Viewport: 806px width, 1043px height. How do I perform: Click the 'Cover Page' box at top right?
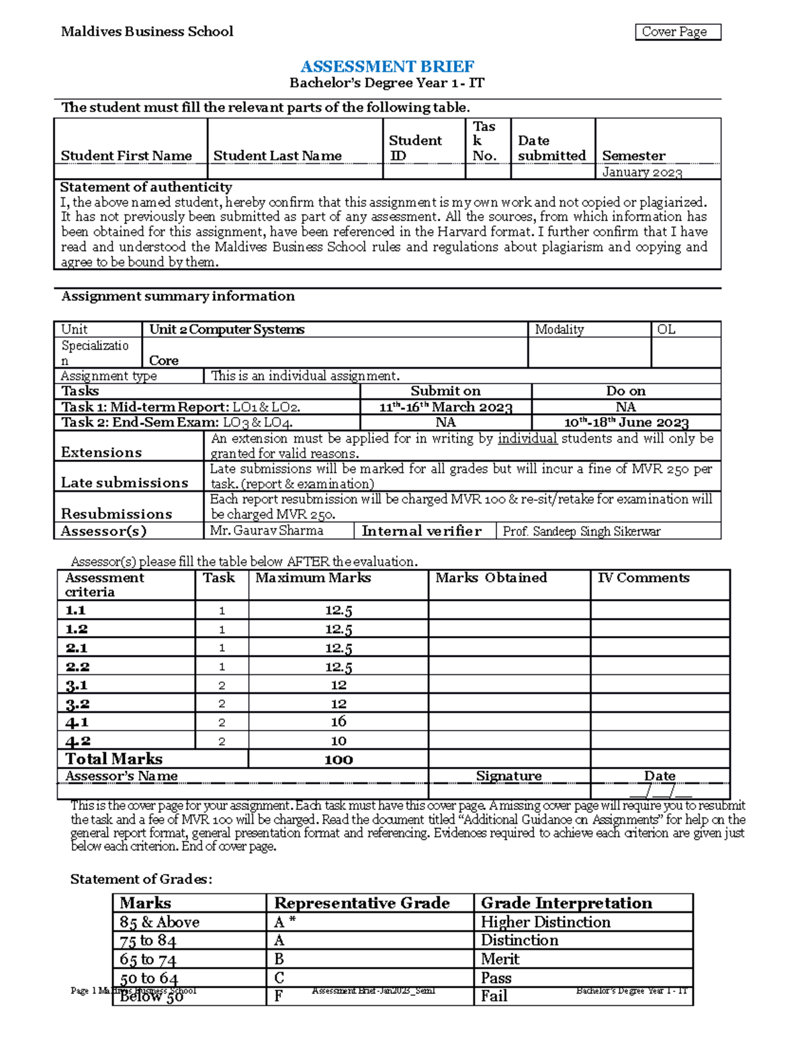(x=677, y=32)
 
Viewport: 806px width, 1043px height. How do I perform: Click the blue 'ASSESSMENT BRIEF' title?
(x=387, y=66)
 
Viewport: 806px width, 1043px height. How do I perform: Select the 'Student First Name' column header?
(x=126, y=156)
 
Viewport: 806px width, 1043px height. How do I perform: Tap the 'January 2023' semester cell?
(x=642, y=172)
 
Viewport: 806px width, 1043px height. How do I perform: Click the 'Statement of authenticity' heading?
(x=146, y=187)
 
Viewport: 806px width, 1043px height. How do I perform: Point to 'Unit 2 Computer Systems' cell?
(x=227, y=329)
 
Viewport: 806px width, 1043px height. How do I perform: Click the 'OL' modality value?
(x=666, y=329)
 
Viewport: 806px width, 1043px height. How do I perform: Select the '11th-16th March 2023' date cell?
(x=445, y=407)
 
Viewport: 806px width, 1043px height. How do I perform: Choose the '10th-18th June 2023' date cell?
(x=626, y=422)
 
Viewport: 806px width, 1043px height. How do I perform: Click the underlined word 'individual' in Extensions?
(x=527, y=439)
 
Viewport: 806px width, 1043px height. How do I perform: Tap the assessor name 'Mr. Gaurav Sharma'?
(x=267, y=531)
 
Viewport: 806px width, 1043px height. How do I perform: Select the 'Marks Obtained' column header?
(x=491, y=578)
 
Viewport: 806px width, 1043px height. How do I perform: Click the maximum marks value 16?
(x=339, y=722)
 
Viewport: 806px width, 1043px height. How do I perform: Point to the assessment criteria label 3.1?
(x=77, y=685)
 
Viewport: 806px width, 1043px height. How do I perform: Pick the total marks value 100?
(x=339, y=760)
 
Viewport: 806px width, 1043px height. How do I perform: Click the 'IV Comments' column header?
(x=643, y=578)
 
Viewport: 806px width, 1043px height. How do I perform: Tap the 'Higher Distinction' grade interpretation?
(x=545, y=922)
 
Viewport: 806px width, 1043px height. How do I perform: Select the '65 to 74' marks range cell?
(x=148, y=959)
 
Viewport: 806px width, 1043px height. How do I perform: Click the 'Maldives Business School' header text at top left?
(x=147, y=32)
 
